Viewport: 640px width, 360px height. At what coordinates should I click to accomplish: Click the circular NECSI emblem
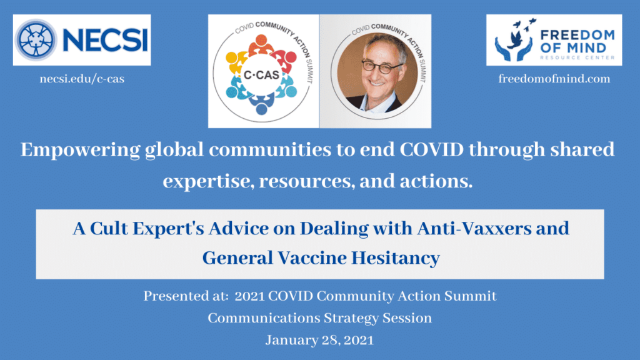tap(36, 40)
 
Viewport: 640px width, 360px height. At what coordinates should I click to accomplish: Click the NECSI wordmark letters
tap(105, 40)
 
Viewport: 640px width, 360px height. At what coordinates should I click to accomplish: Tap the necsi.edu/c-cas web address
tap(82, 78)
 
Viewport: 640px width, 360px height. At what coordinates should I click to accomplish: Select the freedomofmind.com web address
tap(554, 78)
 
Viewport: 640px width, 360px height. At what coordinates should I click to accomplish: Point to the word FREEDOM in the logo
tap(577, 35)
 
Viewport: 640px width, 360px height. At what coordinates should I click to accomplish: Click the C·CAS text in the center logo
tap(261, 75)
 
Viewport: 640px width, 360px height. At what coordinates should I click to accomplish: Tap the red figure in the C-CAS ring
tap(284, 60)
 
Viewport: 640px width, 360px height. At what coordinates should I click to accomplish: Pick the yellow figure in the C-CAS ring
tap(236, 62)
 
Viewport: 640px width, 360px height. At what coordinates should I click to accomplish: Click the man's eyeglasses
tap(382, 66)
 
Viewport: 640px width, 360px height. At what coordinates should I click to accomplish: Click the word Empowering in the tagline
tap(81, 150)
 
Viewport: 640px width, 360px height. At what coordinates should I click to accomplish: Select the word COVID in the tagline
tap(431, 149)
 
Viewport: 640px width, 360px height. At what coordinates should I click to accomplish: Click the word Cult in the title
tap(109, 228)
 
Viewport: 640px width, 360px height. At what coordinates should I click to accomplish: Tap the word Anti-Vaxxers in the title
tap(474, 228)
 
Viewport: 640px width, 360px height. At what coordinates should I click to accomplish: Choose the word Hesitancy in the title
tap(396, 258)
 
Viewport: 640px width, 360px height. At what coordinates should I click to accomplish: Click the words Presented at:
tap(186, 296)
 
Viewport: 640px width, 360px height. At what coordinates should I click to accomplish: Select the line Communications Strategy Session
tap(320, 318)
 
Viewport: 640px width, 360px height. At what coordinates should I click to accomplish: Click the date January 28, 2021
tap(319, 340)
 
